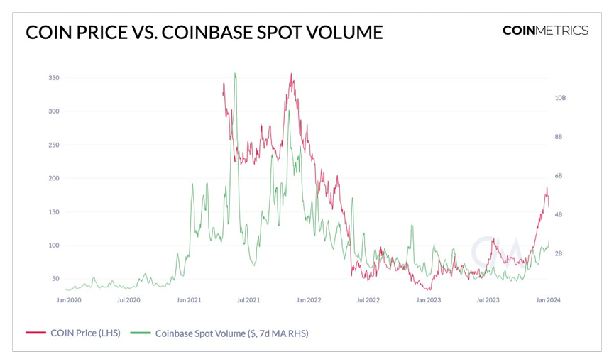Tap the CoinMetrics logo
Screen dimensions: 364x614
[x=544, y=30]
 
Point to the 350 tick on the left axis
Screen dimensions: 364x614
[x=54, y=77]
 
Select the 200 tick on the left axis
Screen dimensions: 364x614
[x=54, y=178]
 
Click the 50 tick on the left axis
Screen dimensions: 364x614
[x=55, y=279]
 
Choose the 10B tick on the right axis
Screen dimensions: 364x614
[x=560, y=98]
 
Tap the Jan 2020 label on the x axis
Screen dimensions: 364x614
[x=69, y=300]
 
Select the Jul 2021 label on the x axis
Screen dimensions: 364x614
[x=248, y=300]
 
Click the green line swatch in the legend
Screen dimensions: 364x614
[x=140, y=332]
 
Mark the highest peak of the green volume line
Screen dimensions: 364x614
[x=235, y=73]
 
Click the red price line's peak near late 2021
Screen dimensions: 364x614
[x=291, y=73]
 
